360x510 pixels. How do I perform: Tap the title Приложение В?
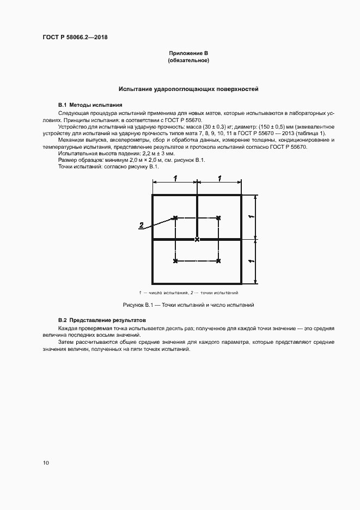188,53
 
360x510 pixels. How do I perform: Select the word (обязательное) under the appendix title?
188,60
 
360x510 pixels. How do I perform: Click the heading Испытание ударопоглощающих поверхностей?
188,88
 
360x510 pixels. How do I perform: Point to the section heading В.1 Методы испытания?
90,105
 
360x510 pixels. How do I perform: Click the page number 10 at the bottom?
46,463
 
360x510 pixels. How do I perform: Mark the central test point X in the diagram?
197,239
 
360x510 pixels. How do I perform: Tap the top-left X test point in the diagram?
175,218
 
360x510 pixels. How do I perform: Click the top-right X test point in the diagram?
218,218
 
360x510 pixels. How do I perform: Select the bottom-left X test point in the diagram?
175,262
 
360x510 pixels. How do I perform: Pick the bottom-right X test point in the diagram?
218,262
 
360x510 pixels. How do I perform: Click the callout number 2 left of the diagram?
141,225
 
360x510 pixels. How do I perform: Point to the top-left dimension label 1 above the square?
175,179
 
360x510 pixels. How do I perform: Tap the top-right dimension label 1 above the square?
219,179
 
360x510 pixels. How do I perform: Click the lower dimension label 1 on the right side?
249,262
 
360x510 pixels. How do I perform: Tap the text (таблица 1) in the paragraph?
312,133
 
